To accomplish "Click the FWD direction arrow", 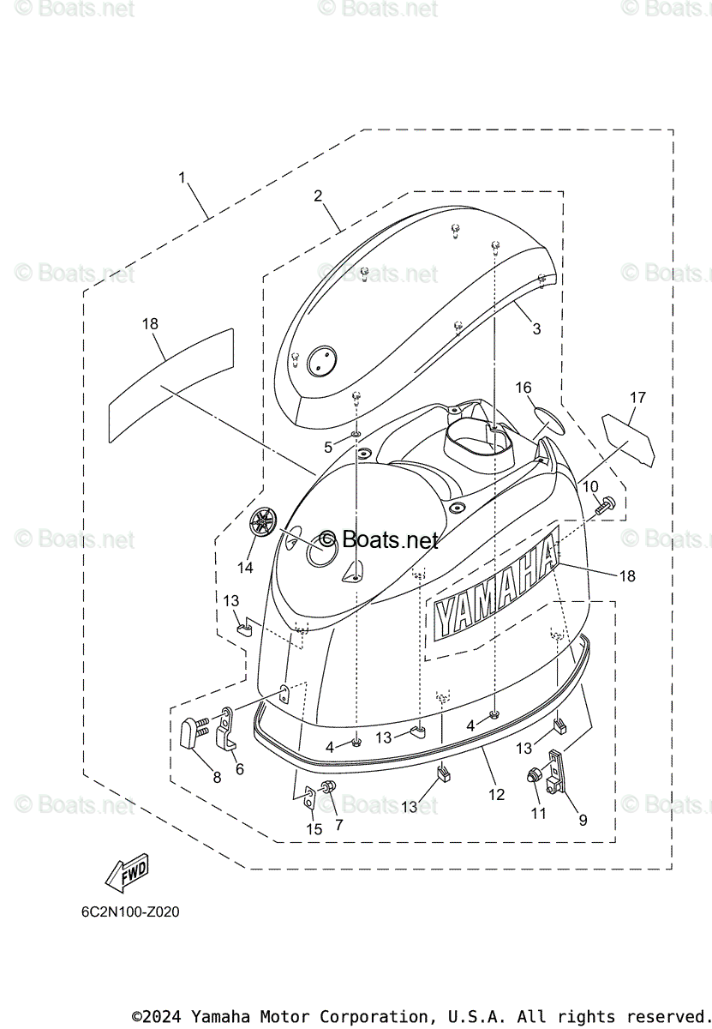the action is (127, 873).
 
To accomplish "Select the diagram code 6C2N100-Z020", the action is (131, 912).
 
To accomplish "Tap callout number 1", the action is (182, 178).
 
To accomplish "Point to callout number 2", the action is (318, 196).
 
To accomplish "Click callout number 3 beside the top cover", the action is (536, 328).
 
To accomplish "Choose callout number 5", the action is (328, 447).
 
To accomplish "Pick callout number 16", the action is (523, 388).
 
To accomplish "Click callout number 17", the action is (637, 398).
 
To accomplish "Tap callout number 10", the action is (590, 487).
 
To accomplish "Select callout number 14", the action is (246, 568).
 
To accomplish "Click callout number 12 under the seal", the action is (496, 794).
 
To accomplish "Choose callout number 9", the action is (583, 820).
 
